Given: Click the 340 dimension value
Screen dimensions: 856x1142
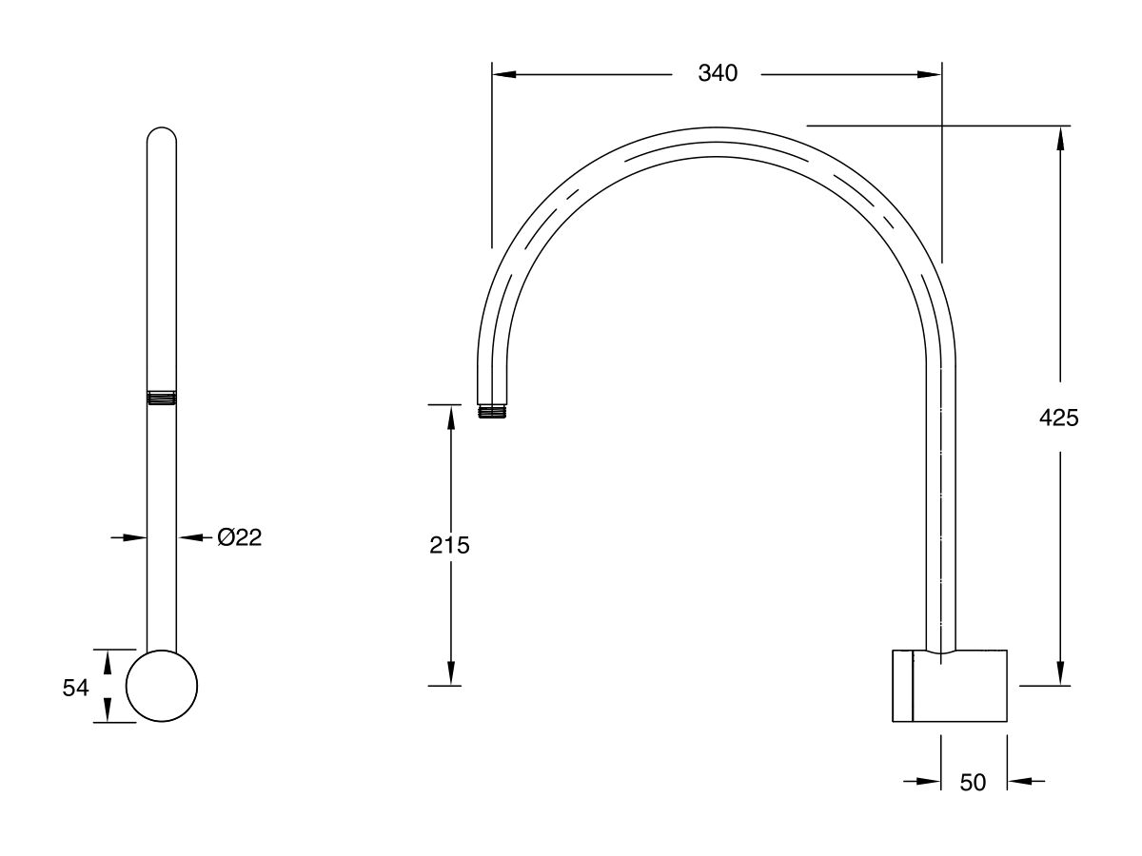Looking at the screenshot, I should tap(718, 74).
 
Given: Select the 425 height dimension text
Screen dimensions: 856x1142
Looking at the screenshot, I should tap(1058, 417).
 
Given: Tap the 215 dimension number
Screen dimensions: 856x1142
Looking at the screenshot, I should tap(450, 545).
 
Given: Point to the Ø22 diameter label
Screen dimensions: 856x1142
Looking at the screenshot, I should tap(239, 538).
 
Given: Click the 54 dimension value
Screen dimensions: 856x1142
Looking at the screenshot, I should tap(76, 688).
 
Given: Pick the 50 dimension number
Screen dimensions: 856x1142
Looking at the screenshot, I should tap(973, 782).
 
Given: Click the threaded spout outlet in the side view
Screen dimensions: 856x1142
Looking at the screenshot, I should tap(492, 411).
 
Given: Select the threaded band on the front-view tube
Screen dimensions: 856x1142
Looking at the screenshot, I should tap(162, 399).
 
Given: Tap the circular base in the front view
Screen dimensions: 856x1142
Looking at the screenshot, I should tap(162, 686).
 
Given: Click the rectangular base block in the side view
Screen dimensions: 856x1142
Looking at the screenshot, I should tap(949, 686).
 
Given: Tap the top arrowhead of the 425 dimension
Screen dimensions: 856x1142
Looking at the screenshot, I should tap(1058, 136).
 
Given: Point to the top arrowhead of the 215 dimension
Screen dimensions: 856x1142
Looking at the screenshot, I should tap(450, 416).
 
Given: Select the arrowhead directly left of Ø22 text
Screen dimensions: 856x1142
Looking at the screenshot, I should tap(188, 538).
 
